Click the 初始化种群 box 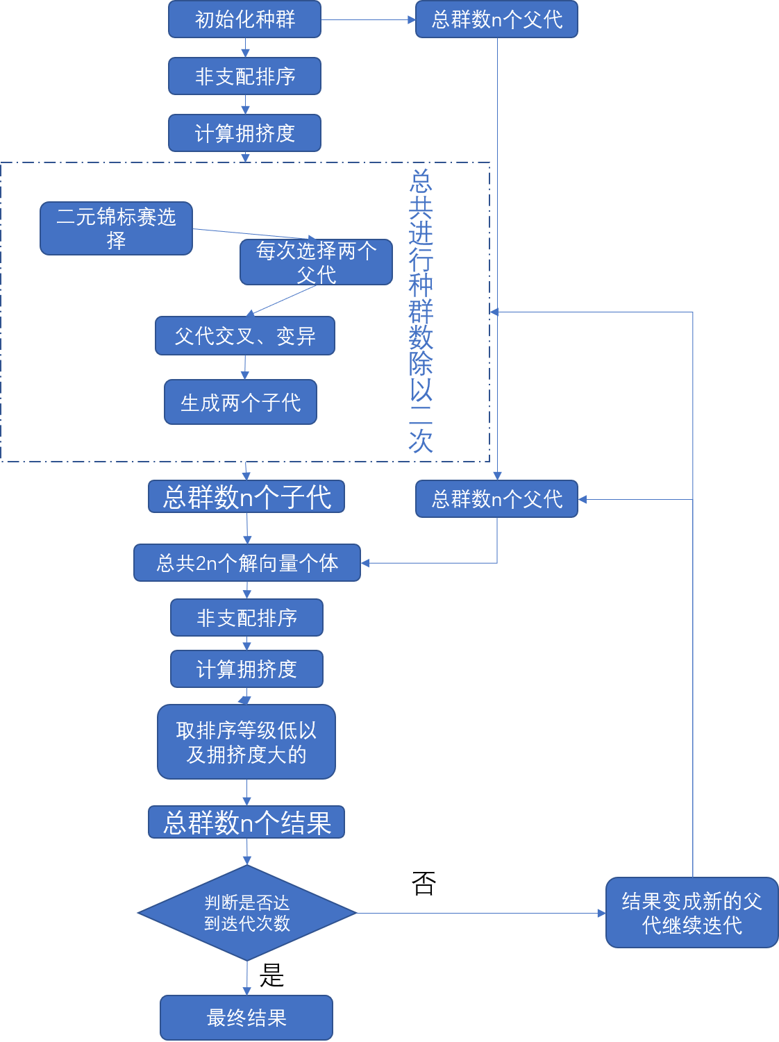pyautogui.click(x=244, y=19)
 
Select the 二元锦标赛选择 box pyautogui.click(x=116, y=228)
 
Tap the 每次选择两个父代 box pyautogui.click(x=316, y=262)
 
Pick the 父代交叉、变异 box pyautogui.click(x=244, y=336)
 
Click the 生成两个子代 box pyautogui.click(x=240, y=402)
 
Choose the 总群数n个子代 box pyautogui.click(x=246, y=497)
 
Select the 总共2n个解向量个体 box pyautogui.click(x=247, y=562)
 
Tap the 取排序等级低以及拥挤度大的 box pyautogui.click(x=246, y=741)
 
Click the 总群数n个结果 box pyautogui.click(x=246, y=823)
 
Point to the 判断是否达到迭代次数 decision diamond pyautogui.click(x=246, y=913)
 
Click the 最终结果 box pyautogui.click(x=246, y=1018)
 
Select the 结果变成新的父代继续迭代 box pyautogui.click(x=692, y=913)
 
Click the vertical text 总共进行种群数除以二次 pyautogui.click(x=421, y=312)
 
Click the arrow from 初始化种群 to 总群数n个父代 pyautogui.click(x=368, y=19)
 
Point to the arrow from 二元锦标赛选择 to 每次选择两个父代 pyautogui.click(x=253, y=235)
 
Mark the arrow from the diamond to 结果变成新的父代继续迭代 pyautogui.click(x=479, y=913)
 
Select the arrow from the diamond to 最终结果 pyautogui.click(x=246, y=978)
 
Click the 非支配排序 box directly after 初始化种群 pyautogui.click(x=244, y=76)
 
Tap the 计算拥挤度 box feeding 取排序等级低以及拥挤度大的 pyautogui.click(x=246, y=669)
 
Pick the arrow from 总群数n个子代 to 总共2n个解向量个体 pyautogui.click(x=247, y=528)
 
